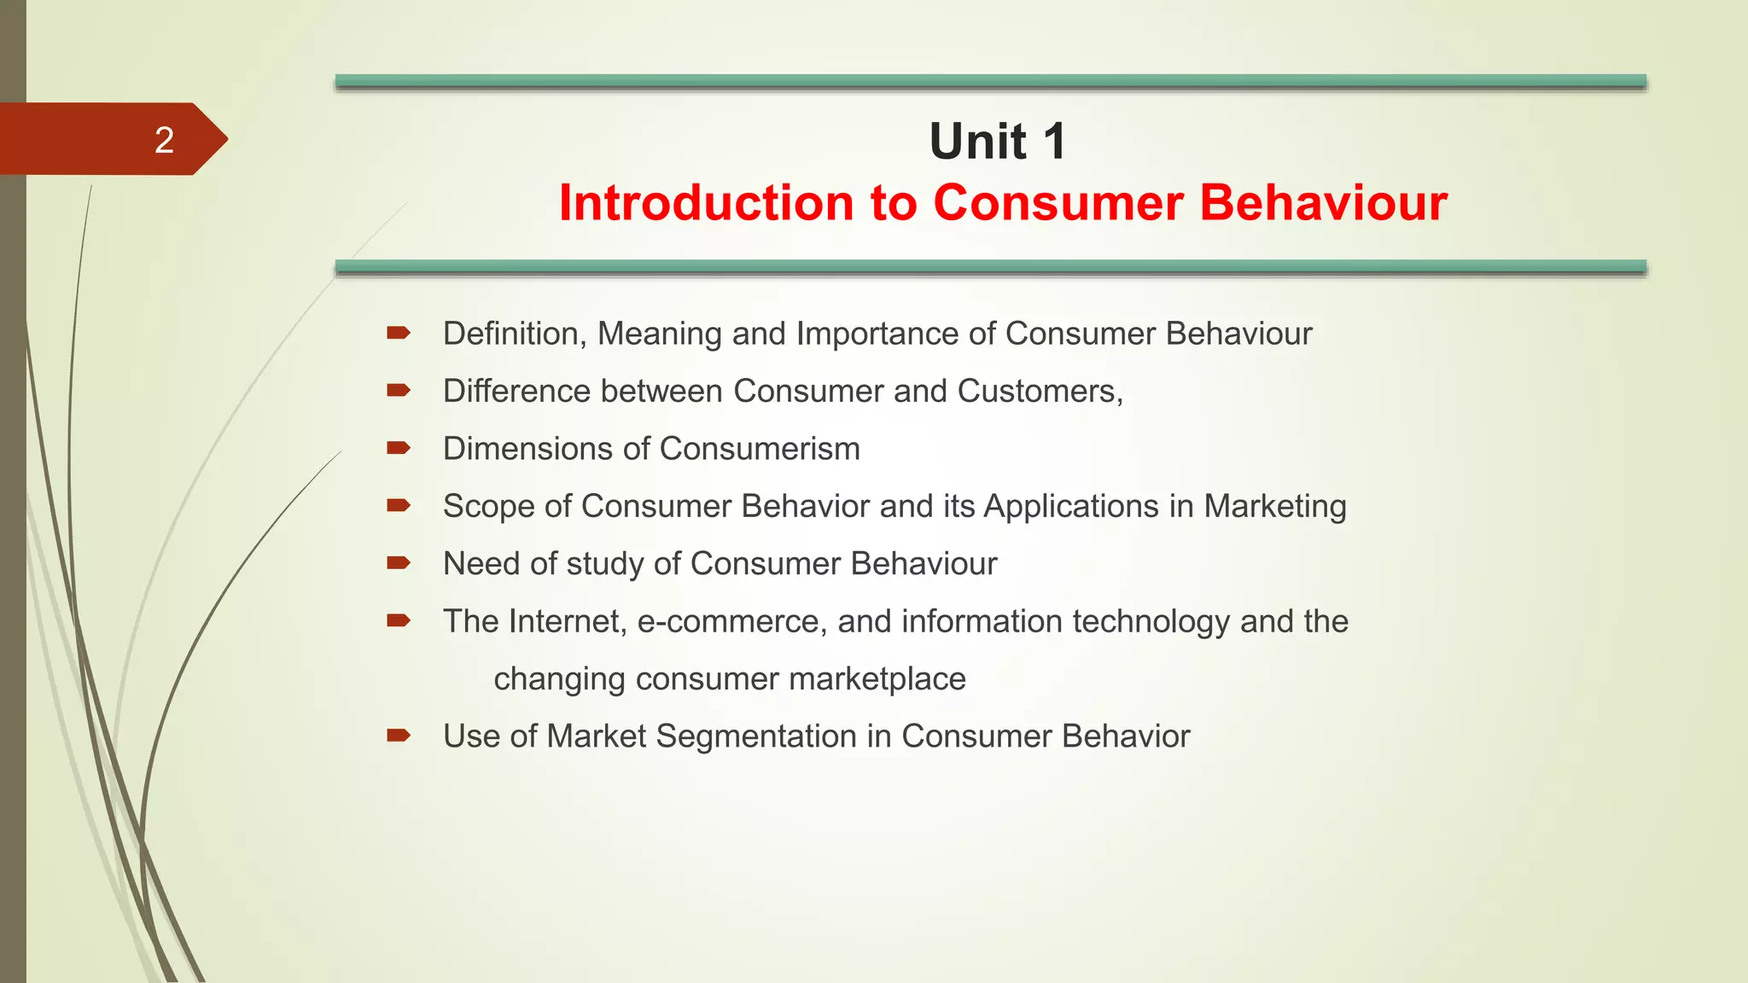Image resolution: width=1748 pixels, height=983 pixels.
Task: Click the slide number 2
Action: click(164, 140)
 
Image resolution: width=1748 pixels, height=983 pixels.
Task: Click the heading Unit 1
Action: click(997, 141)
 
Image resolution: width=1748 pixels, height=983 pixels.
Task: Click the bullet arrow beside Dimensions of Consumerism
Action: click(399, 448)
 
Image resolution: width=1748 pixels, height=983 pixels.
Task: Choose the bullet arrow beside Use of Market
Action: click(399, 736)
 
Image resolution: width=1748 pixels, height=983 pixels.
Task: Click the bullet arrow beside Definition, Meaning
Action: click(399, 333)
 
